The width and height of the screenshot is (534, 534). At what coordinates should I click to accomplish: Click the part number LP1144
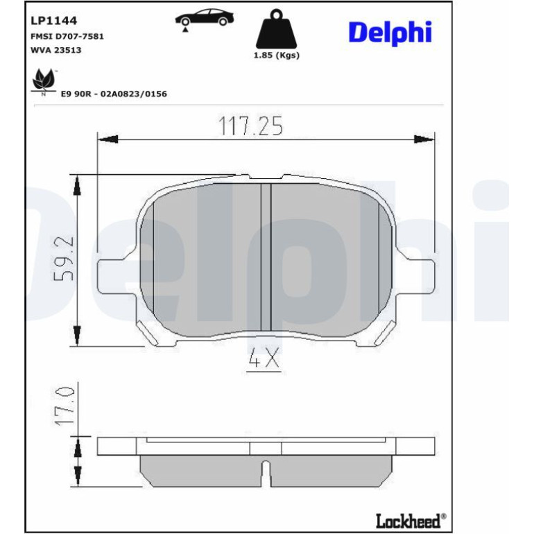[x=54, y=21]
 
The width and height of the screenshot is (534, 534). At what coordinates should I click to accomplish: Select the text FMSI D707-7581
[x=67, y=37]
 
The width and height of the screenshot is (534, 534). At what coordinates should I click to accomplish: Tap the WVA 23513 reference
[x=56, y=50]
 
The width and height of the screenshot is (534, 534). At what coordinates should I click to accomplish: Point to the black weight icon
[x=276, y=29]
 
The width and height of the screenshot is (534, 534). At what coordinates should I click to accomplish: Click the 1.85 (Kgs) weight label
[x=277, y=55]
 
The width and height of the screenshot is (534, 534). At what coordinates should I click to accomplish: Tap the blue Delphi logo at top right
[x=390, y=33]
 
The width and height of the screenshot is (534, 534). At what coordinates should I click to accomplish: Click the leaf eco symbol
[x=44, y=80]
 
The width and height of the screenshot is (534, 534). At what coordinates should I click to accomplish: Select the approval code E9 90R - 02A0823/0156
[x=114, y=94]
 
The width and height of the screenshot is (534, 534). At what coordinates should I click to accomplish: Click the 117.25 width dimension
[x=250, y=126]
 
